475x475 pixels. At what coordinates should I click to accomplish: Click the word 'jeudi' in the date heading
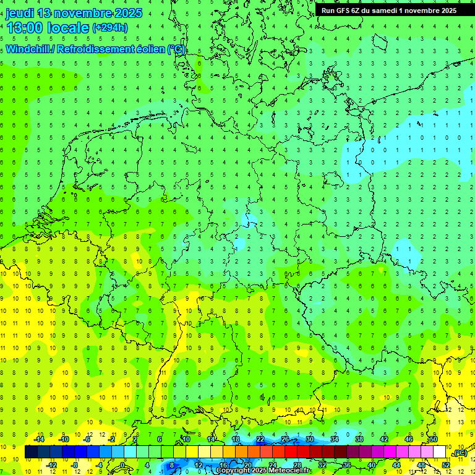coord(20,13)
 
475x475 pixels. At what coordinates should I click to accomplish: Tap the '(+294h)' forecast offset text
coord(110,27)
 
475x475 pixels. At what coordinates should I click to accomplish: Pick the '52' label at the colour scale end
coord(446,464)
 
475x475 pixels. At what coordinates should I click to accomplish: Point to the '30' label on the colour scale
coord(310,439)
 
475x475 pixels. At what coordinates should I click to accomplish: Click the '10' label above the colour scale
coord(186,439)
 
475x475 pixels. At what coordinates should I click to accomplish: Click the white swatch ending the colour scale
coord(440,452)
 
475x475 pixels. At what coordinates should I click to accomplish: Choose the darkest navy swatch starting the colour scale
coord(32,452)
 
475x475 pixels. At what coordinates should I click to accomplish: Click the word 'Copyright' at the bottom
coord(234,471)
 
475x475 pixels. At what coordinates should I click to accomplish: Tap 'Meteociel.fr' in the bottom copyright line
coord(291,471)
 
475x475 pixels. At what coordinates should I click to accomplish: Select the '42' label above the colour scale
coord(384,439)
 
